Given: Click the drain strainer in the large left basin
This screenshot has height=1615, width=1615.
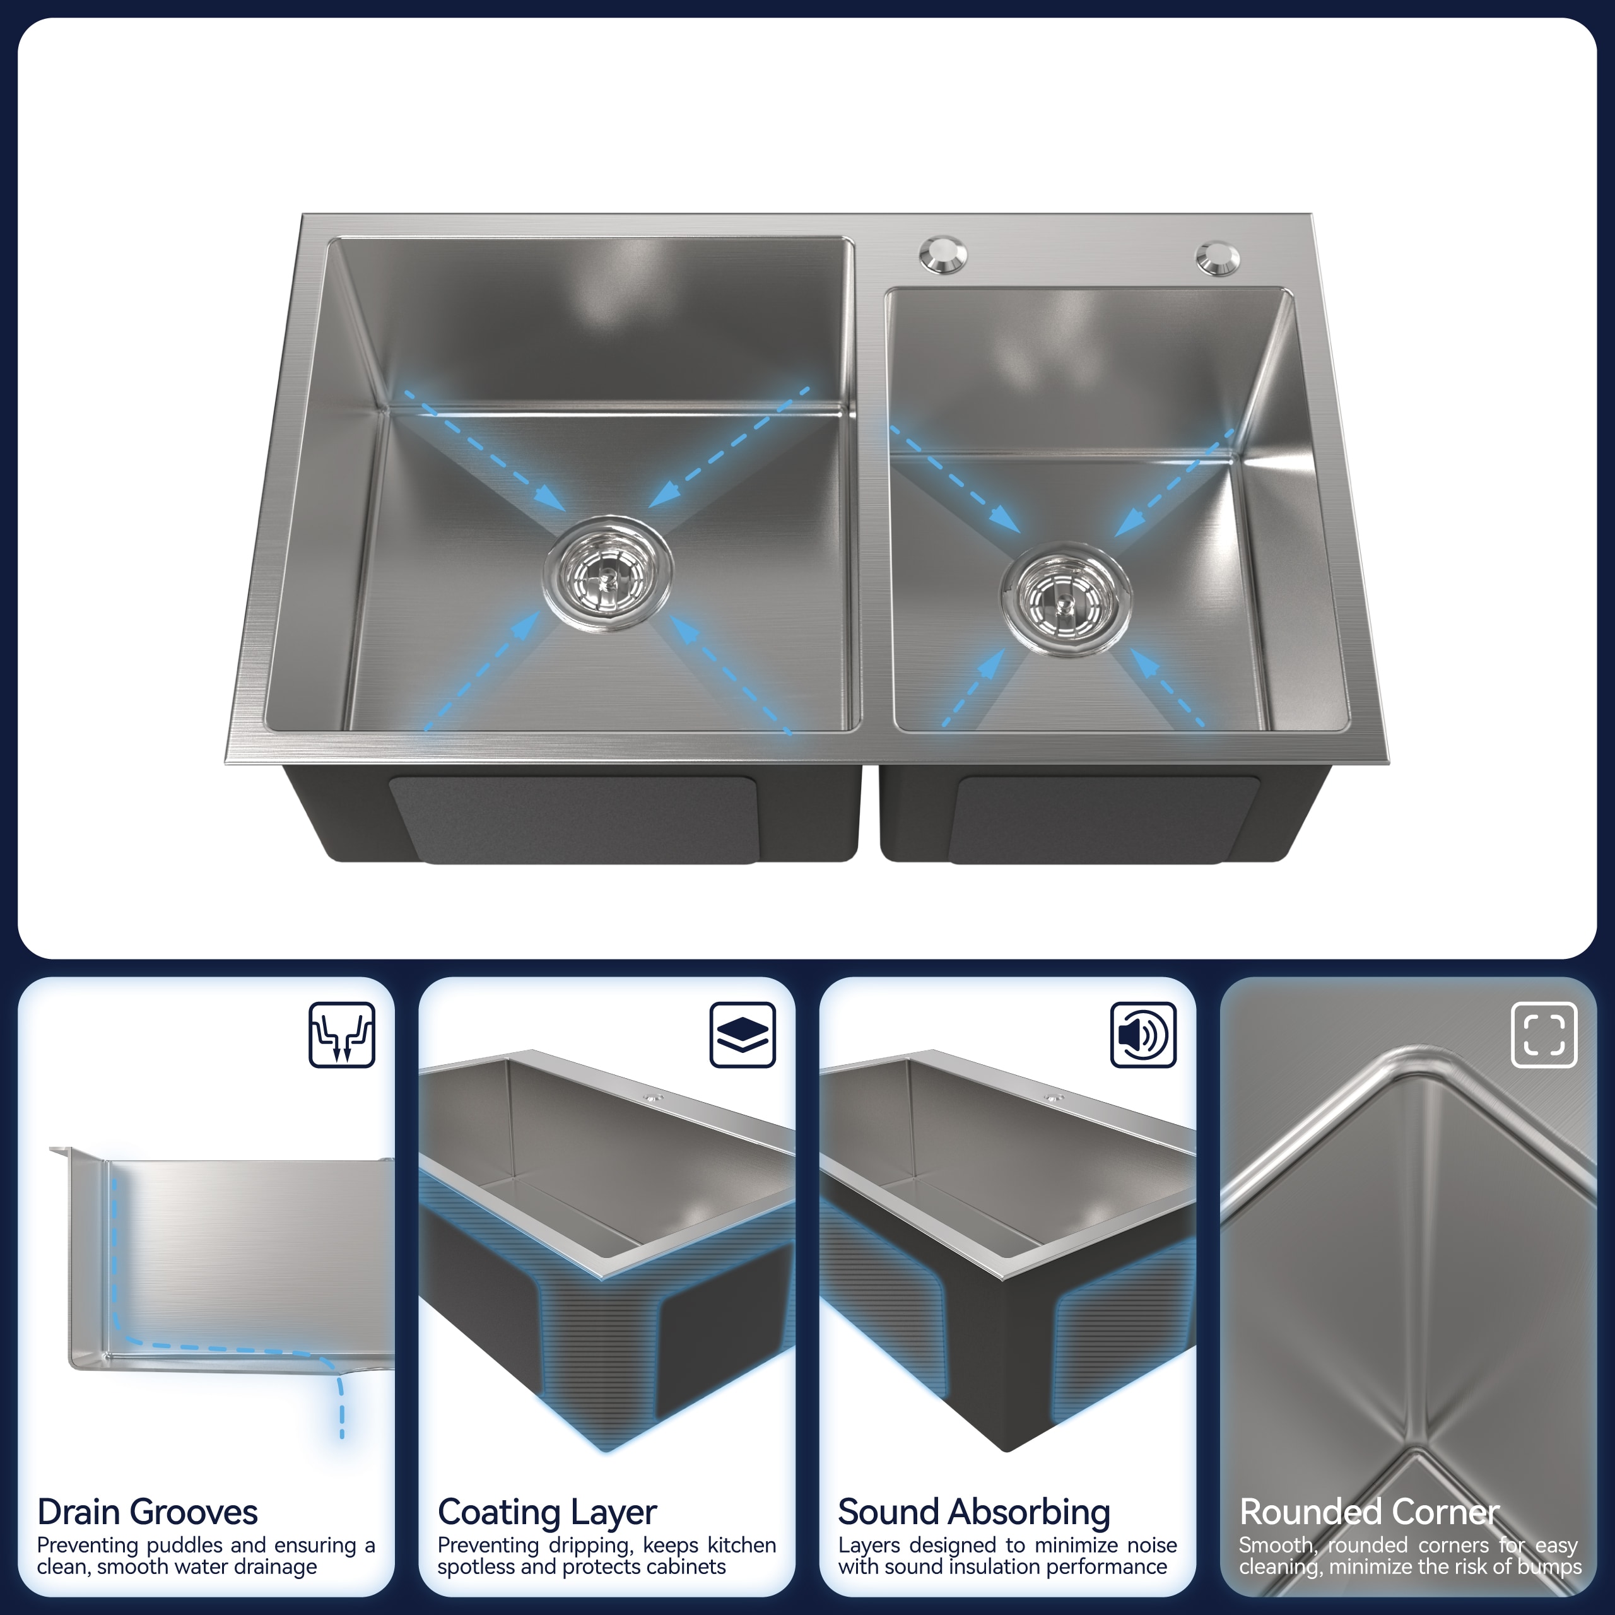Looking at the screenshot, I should pos(608,573).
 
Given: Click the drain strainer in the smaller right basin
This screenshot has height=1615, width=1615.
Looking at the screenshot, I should pos(1065,599).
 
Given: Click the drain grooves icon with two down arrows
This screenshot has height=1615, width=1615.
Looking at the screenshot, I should pos(342,1034).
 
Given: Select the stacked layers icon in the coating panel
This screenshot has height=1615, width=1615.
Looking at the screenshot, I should pos(743,1034).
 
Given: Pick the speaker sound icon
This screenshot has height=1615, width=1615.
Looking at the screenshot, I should pos(1142,1034).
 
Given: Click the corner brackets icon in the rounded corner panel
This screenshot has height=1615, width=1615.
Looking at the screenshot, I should pos(1544,1034).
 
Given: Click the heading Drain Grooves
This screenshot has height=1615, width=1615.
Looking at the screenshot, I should pos(147,1512).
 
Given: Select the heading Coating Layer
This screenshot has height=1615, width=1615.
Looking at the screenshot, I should pos(547,1512).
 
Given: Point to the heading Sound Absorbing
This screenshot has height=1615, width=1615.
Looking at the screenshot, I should pos(974,1512).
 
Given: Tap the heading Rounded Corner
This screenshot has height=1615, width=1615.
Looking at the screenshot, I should pos(1368,1512).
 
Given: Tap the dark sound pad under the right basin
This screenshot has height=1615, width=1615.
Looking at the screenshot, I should pos(1103,819).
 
